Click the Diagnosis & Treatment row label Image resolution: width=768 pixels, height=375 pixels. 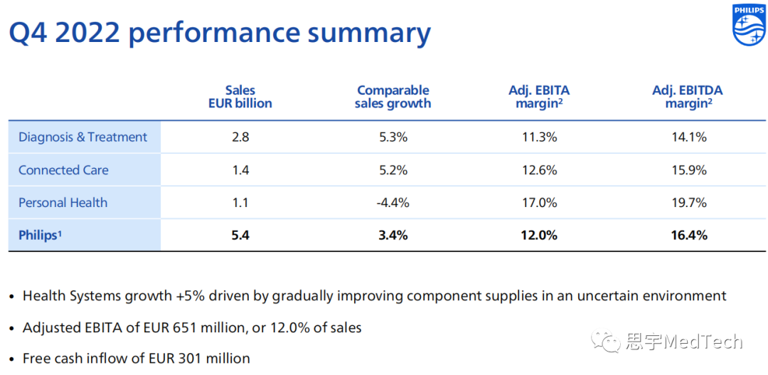82,137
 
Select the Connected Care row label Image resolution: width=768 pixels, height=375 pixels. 63,170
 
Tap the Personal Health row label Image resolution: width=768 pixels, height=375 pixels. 63,203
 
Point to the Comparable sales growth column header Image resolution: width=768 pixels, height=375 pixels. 393,97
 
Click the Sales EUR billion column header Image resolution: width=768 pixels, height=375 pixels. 240,97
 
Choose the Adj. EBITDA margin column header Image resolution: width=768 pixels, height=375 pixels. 688,97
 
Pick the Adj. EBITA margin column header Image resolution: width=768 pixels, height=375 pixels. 539,97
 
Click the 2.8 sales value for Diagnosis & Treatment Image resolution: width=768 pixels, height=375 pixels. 240,137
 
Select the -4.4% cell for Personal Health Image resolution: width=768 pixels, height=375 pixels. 393,203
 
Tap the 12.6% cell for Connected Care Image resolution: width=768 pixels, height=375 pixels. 538,170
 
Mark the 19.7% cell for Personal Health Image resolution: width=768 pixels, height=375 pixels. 688,203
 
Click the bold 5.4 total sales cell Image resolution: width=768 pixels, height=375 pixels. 240,235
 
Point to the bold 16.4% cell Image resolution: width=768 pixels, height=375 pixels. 688,235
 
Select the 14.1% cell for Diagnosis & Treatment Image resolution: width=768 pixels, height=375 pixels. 688,137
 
